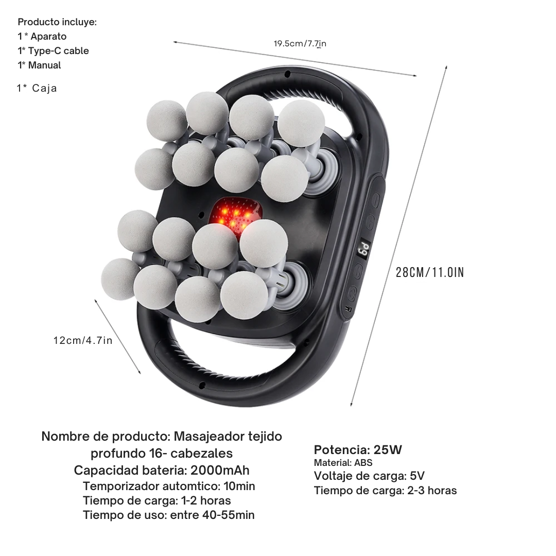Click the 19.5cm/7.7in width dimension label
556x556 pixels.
click(300, 44)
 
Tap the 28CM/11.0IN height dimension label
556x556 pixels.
click(430, 272)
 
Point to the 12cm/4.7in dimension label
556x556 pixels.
click(82, 340)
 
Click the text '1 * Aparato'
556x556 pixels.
click(42, 37)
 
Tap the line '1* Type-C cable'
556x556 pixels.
click(53, 51)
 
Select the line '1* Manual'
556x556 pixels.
click(39, 65)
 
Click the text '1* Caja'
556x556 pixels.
click(37, 88)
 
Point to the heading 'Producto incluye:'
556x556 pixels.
click(57, 22)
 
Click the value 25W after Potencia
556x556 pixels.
click(388, 450)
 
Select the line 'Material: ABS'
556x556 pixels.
click(343, 463)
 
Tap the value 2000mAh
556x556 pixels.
click(220, 471)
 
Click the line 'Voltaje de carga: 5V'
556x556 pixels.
click(369, 476)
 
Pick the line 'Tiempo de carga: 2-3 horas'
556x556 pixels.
click(385, 491)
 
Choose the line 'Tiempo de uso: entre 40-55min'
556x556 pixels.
click(169, 515)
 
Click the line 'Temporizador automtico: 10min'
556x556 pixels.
click(169, 486)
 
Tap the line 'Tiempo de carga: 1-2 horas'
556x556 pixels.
click(157, 500)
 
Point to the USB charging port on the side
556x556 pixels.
click(347, 309)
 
